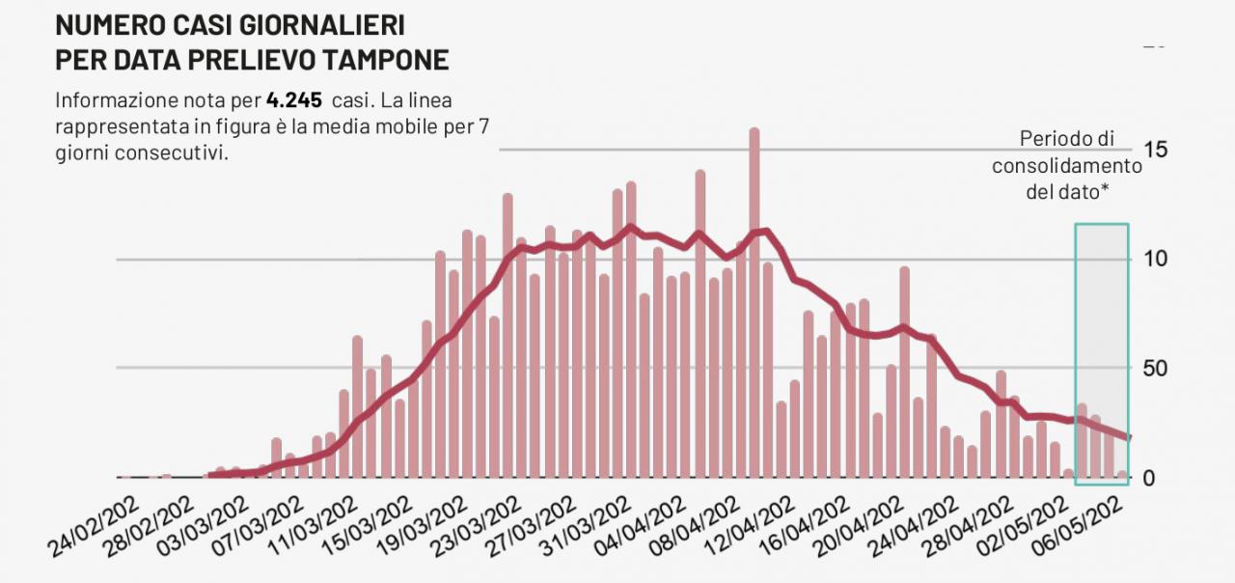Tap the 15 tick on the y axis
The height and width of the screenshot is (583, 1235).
coord(1156,150)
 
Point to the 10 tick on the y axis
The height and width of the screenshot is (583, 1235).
coord(1156,259)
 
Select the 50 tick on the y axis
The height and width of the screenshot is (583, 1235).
coord(1156,369)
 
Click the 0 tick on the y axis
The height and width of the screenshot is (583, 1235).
coord(1148,478)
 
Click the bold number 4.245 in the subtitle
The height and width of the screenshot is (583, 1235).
coord(294,100)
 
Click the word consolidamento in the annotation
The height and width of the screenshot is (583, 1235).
coord(1067,165)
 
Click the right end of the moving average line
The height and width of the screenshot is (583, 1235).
coord(1127,438)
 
